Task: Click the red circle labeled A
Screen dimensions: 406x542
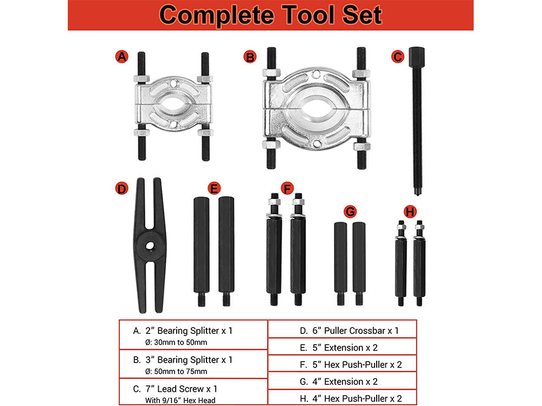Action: point(122,56)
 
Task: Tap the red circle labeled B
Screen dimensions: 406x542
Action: point(250,56)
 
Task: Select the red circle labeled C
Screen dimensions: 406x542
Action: point(398,56)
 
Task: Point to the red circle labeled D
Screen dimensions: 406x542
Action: point(122,189)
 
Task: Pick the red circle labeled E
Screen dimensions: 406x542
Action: point(215,189)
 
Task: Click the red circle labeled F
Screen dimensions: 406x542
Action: point(288,189)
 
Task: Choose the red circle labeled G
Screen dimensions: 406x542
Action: point(351,211)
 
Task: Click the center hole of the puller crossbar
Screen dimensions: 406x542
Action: point(148,245)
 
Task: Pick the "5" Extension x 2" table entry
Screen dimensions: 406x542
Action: point(339,347)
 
